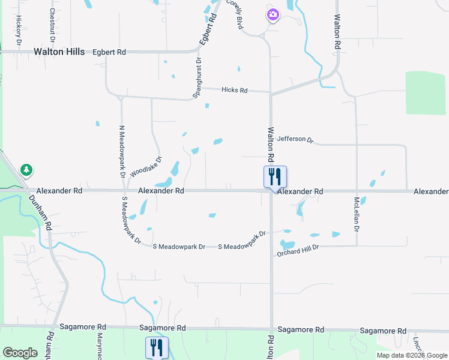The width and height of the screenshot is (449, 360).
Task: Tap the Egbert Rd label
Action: pos(109,53)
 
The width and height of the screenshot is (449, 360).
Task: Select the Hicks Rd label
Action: pos(234,91)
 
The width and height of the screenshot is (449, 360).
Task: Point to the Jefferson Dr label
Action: pos(295,139)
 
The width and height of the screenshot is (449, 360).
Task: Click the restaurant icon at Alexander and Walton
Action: pos(275,177)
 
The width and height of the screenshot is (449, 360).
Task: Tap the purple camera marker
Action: pos(273,14)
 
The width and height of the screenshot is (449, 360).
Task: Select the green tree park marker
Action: pos(26,170)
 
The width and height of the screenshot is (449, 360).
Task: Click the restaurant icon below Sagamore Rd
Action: pos(157,347)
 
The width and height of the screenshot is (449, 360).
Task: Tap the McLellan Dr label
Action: pos(357,214)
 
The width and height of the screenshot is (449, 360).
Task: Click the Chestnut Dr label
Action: pos(53,24)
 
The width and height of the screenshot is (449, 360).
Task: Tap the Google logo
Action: pos(20,352)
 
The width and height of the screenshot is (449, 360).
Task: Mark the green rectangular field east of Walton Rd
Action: pos(426,92)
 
